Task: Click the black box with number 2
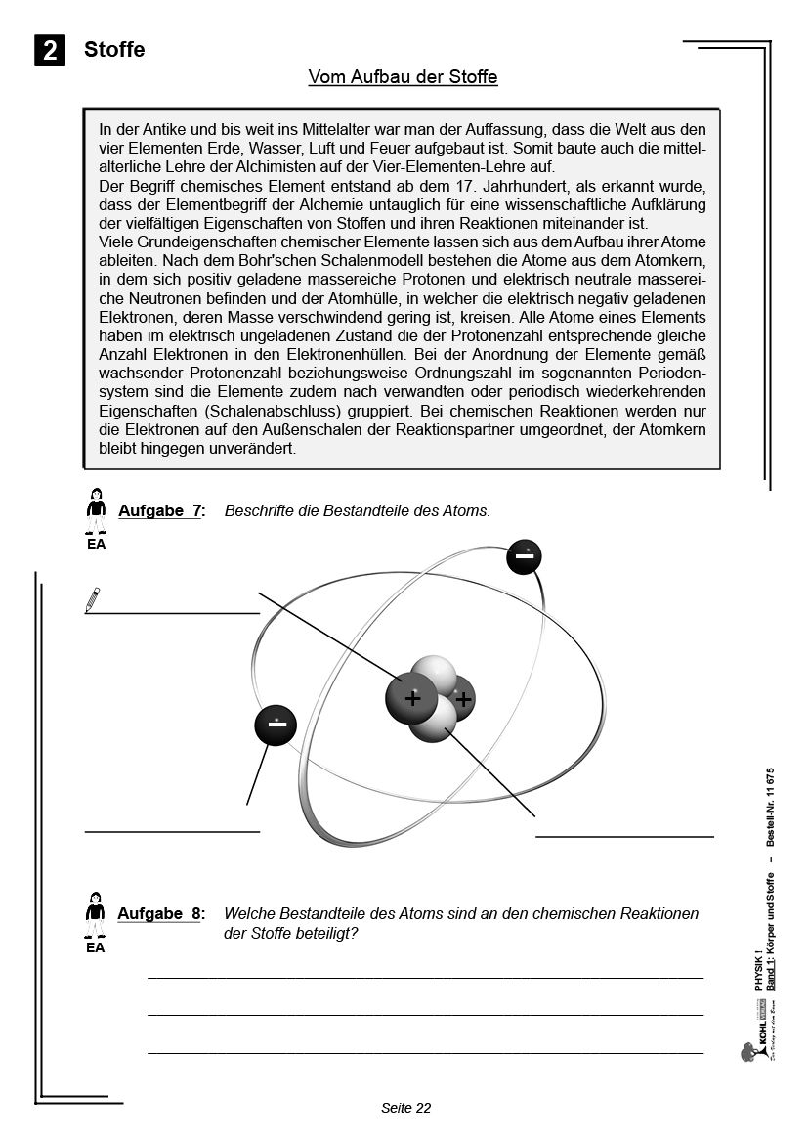click(x=50, y=51)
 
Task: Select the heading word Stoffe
click(x=114, y=50)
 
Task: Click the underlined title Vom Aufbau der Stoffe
click(x=403, y=77)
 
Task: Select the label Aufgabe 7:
click(x=161, y=511)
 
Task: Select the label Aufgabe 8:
click(x=161, y=913)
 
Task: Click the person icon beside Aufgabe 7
click(x=95, y=506)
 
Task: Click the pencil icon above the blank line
click(x=93, y=599)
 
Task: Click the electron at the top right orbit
click(x=524, y=557)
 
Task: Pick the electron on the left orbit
click(x=277, y=726)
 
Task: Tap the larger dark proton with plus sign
click(x=412, y=700)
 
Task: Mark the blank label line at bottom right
click(x=624, y=836)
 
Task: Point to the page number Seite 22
click(x=405, y=1108)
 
